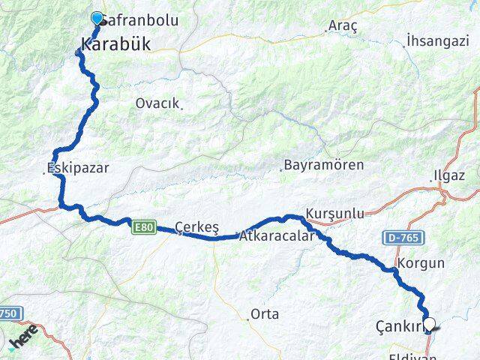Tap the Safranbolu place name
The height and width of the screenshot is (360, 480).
140,20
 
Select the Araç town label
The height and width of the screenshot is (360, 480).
343,25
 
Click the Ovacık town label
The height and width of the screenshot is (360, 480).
157,103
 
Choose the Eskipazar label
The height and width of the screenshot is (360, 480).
77,168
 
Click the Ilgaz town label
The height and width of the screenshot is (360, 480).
448,176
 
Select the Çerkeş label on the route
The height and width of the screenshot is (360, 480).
196,226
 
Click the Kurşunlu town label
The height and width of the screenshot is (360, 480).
335,214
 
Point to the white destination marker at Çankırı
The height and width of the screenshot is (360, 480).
430,325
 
